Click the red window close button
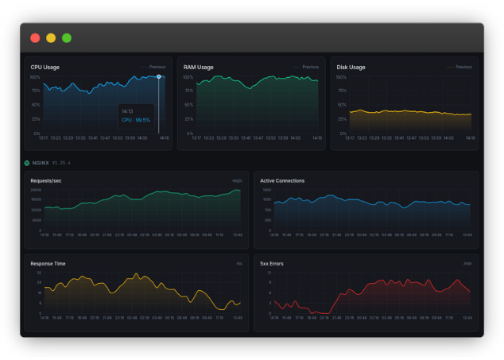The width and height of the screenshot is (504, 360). tap(35, 37)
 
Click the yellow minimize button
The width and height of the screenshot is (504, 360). tap(51, 37)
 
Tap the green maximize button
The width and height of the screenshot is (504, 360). tap(67, 37)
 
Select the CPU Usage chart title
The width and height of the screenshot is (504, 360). tap(45, 68)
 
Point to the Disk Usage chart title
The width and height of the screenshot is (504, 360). tap(351, 68)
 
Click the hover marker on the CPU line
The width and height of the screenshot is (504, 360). tap(158, 77)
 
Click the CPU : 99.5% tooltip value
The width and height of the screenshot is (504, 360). tap(136, 120)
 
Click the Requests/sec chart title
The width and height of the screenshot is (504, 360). tap(45, 180)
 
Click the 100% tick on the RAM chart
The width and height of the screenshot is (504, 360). tap(188, 77)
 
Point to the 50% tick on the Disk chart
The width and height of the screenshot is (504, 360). tap(342, 105)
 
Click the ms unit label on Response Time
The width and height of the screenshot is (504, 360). tap(238, 263)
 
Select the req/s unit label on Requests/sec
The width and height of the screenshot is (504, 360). tap(237, 180)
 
